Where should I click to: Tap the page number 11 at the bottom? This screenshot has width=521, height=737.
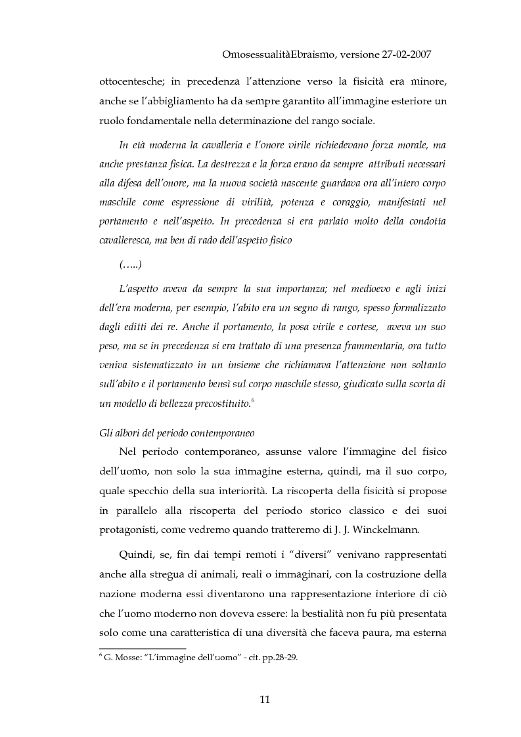click(x=265, y=699)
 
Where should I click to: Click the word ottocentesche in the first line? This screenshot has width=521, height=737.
click(x=129, y=82)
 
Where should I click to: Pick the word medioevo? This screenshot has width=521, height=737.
click(x=361, y=289)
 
